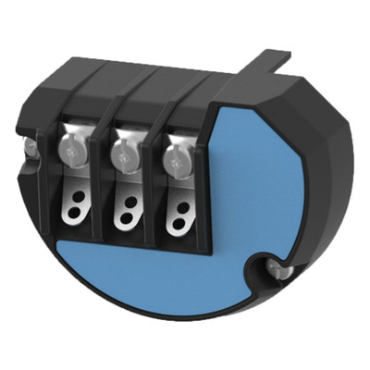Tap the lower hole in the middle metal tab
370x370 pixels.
(126, 215)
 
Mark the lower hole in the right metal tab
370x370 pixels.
(177, 222)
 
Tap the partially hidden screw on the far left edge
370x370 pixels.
(31, 146)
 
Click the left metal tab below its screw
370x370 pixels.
(74, 176)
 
